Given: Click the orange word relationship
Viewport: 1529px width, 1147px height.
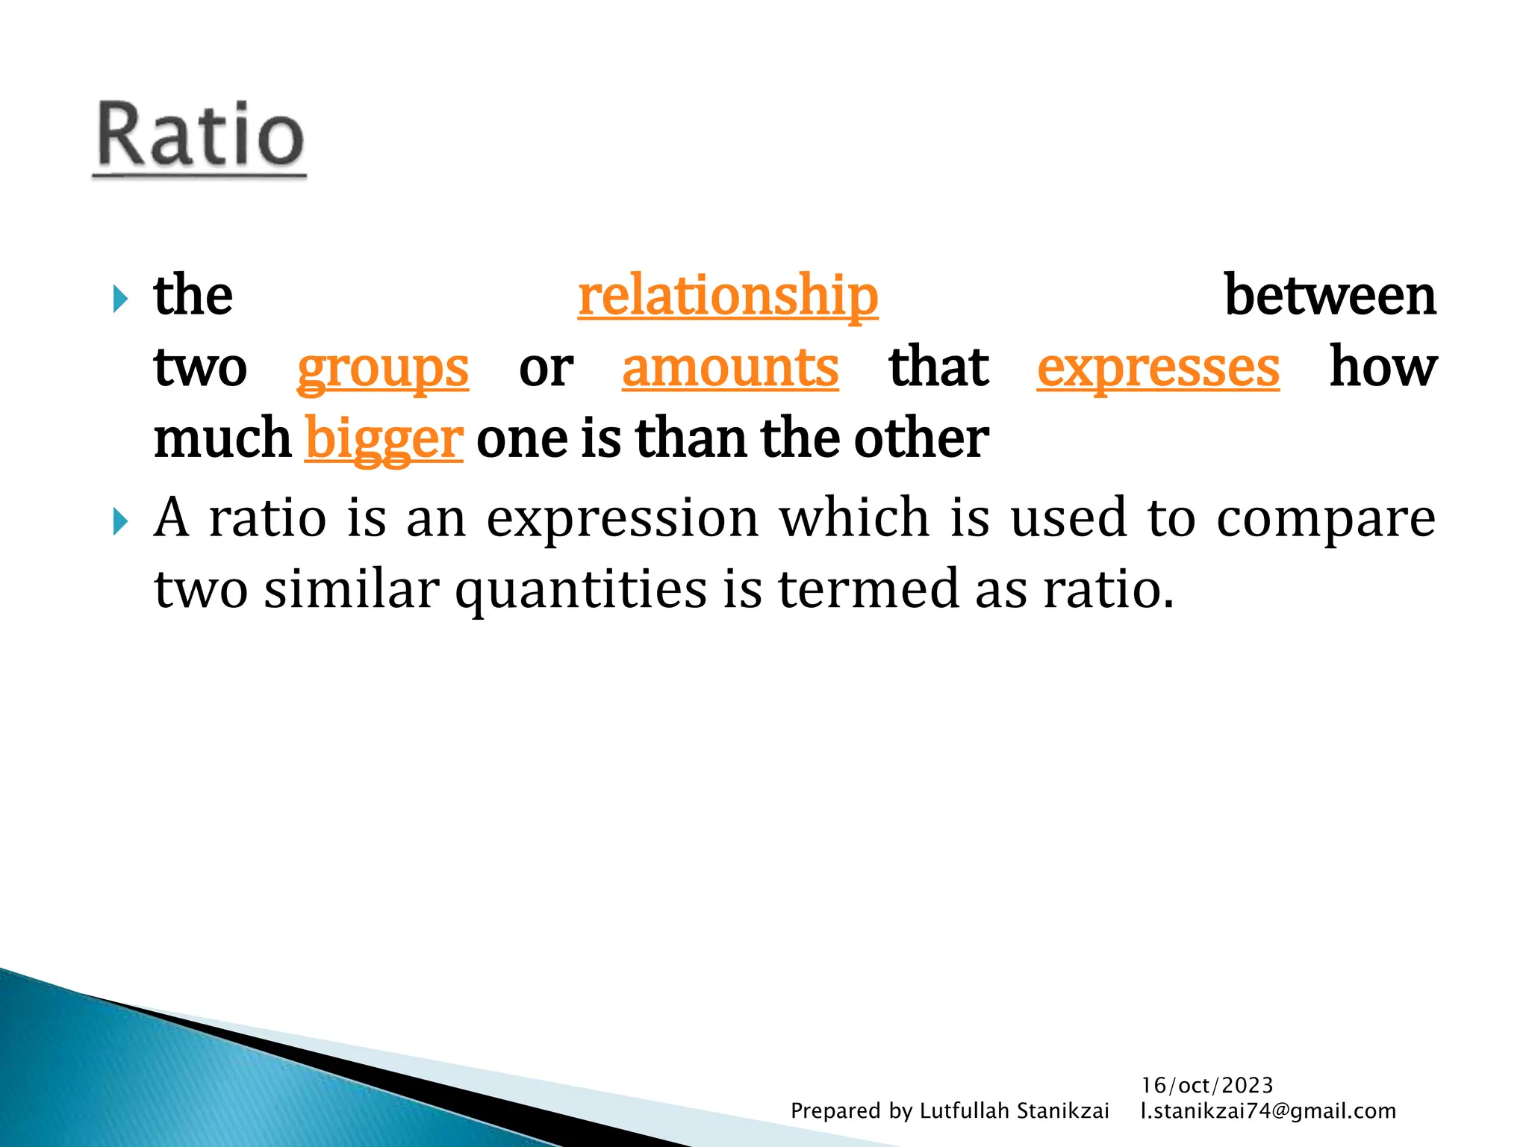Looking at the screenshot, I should point(728,296).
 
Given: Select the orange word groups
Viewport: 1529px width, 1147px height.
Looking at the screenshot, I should point(383,368).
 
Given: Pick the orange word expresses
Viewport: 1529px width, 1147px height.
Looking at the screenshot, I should point(1158,368).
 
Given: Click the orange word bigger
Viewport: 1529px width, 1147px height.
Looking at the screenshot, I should point(384,439).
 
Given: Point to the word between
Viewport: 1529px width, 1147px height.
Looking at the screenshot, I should point(1330,296).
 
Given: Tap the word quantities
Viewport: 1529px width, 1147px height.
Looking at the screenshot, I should point(581,590).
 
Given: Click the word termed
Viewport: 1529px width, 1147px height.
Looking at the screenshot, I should point(868,588).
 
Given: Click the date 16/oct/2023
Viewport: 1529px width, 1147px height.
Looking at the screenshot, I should point(1207,1085).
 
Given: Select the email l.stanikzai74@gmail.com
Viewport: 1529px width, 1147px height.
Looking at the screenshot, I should point(1268,1111).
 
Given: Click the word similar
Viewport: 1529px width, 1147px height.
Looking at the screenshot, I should point(351,588).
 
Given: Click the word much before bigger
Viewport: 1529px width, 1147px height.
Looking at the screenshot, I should point(222,438).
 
